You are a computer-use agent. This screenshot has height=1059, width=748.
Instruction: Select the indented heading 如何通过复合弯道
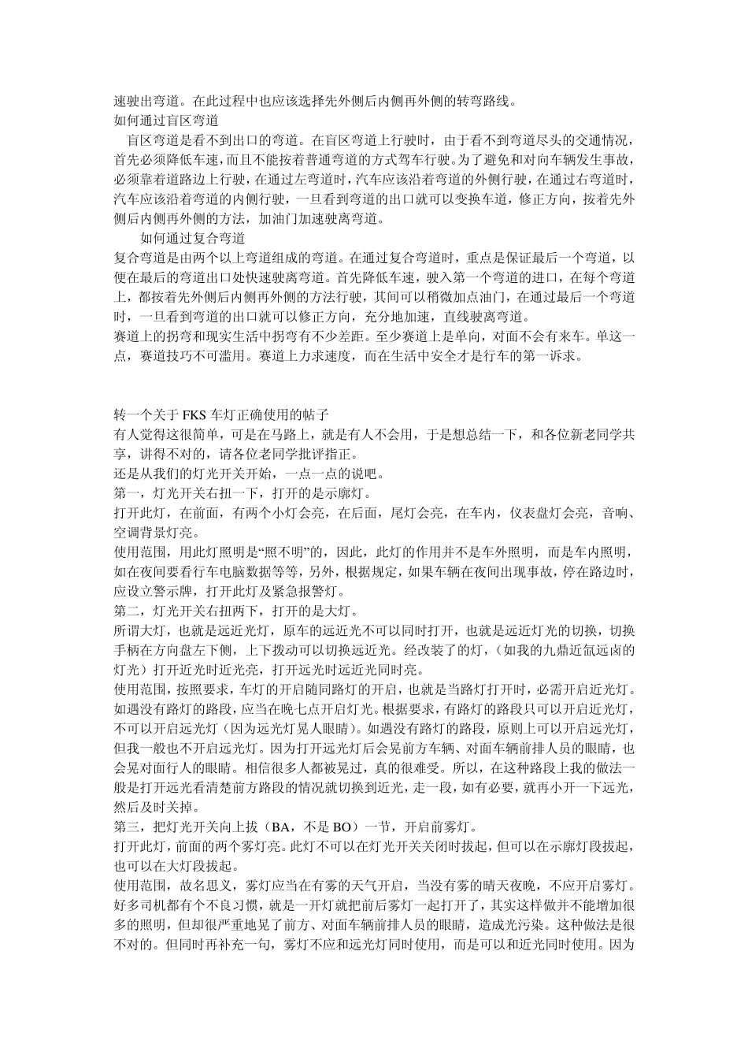click(x=192, y=237)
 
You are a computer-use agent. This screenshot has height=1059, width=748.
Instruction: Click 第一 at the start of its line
click(x=127, y=493)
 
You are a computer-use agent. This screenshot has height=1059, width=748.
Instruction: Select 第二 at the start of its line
click(x=127, y=611)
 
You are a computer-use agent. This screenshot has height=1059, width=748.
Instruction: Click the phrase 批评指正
click(x=320, y=454)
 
